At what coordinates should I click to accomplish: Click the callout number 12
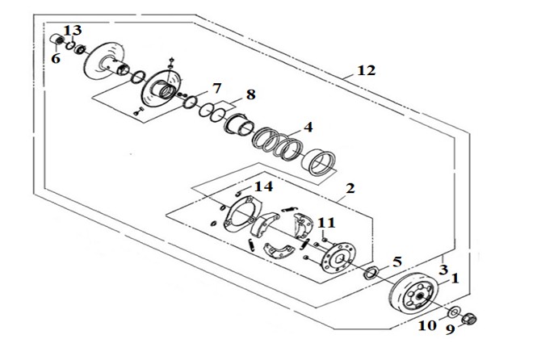[x=367, y=70]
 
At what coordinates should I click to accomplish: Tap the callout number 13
[x=73, y=30]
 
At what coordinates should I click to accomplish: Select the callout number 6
[x=56, y=58]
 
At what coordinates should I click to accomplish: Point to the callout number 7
[x=216, y=89]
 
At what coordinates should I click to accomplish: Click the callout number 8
[x=250, y=94]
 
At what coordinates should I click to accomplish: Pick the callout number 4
[x=308, y=127]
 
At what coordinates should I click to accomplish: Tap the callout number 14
[x=263, y=186]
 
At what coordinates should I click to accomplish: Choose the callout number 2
[x=350, y=188]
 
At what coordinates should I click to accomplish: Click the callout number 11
[x=326, y=223]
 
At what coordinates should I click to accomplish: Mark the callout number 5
[x=396, y=262]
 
